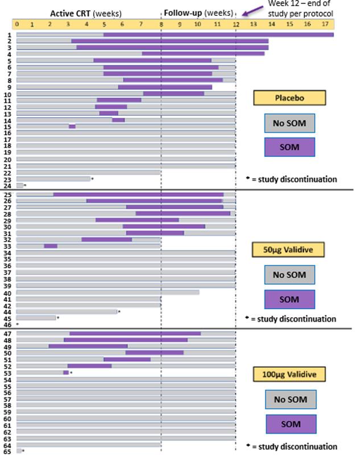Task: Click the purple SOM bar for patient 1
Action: click(218, 35)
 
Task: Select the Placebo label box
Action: click(289, 98)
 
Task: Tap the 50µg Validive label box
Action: click(289, 250)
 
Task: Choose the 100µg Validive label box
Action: click(289, 375)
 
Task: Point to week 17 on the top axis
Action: click(324, 24)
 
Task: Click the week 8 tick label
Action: click(162, 24)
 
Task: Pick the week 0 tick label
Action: click(17, 24)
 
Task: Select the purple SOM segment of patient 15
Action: click(72, 126)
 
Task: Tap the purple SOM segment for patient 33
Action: click(51, 246)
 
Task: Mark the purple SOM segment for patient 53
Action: click(66, 372)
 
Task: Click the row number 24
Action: click(9, 185)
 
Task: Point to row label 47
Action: click(9, 334)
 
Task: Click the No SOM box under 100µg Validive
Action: click(289, 400)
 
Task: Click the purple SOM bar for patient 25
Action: click(138, 194)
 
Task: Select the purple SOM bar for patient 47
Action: click(135, 334)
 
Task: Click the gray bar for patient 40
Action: click(108, 293)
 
